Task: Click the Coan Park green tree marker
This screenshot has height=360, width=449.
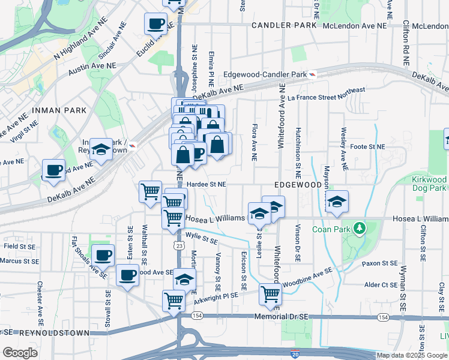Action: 360,229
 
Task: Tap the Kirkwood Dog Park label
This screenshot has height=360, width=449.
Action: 429,184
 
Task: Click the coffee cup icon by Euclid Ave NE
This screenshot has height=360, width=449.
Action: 156,24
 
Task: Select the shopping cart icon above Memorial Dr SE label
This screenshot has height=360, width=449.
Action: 271,294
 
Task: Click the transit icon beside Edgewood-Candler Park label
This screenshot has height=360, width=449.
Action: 312,74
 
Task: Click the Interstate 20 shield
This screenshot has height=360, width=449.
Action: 294,354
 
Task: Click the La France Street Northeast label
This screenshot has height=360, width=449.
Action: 326,94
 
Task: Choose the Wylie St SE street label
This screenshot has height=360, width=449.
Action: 201,239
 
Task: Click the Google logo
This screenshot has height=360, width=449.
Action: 20,353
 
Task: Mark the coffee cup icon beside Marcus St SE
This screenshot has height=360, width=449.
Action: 103,255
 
